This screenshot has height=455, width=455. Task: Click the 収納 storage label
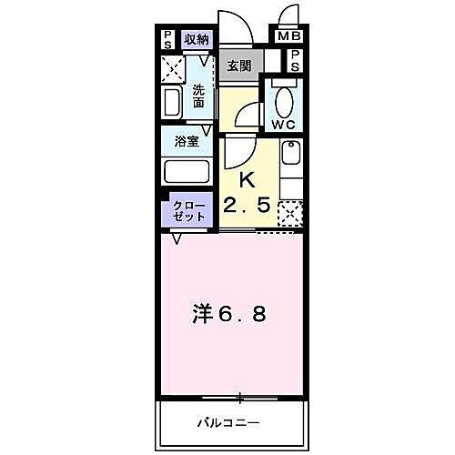[197, 39]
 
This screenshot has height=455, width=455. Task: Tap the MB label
[288, 37]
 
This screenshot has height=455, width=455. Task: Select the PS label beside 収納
[168, 39]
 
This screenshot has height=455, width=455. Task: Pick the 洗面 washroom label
[199, 96]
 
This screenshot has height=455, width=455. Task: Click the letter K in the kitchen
[246, 179]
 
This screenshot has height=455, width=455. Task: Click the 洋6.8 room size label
[229, 315]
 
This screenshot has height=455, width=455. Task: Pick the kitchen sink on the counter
[290, 154]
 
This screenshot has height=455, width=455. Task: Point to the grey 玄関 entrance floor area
[240, 66]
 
